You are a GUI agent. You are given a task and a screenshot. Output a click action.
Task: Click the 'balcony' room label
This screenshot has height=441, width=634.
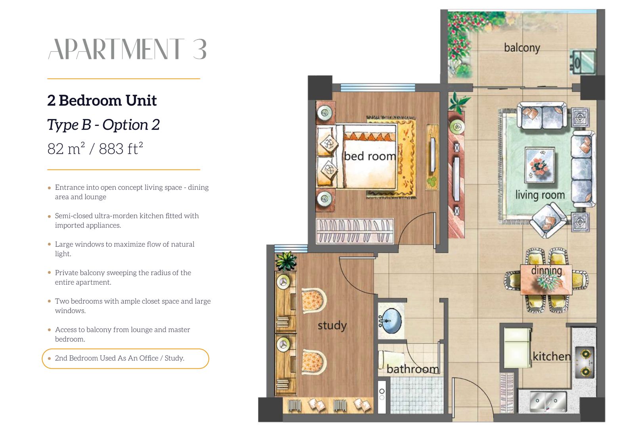point(522,48)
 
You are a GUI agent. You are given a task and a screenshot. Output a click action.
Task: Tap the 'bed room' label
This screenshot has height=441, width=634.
point(370,156)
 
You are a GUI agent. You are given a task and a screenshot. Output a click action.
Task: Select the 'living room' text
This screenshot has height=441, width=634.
point(540,195)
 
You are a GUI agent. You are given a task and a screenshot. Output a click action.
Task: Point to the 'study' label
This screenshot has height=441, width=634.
point(332,325)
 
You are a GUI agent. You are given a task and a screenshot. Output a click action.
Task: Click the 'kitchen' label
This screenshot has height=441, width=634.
point(552,356)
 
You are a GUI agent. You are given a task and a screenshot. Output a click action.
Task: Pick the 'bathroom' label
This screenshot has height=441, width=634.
point(413,369)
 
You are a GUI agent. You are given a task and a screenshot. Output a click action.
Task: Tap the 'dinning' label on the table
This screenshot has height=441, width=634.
point(546,270)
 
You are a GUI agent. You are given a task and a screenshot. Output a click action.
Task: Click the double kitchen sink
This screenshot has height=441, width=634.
point(548,401)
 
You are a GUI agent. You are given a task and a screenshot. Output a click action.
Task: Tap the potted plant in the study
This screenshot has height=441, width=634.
point(286,261)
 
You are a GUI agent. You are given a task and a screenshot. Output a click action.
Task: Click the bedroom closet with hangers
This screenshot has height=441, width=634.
point(355,231)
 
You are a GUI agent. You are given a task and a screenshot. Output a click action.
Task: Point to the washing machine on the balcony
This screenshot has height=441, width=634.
point(582,62)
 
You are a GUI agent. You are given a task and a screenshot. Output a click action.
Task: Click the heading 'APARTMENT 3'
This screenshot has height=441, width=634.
point(127,49)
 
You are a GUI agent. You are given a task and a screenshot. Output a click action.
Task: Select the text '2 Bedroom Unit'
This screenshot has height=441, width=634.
point(102,101)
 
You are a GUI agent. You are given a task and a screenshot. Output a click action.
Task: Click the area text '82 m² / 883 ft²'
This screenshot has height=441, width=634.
point(95,149)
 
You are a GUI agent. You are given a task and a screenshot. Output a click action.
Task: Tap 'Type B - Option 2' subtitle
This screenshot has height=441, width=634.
point(103,125)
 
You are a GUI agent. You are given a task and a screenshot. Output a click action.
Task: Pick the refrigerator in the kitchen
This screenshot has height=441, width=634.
point(517,348)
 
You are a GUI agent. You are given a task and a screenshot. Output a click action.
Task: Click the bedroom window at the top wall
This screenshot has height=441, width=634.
point(378,87)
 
